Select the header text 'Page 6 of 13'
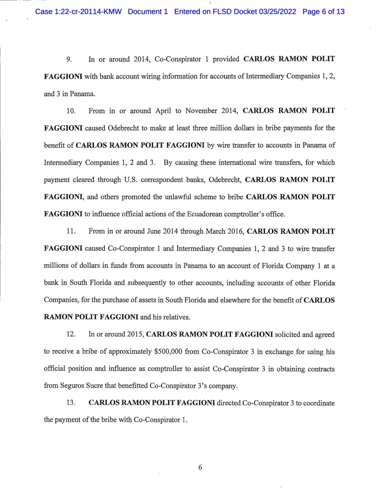[x=324, y=12]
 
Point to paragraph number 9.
[x=69, y=60]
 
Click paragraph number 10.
[x=71, y=111]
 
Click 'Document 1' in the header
[x=148, y=12]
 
